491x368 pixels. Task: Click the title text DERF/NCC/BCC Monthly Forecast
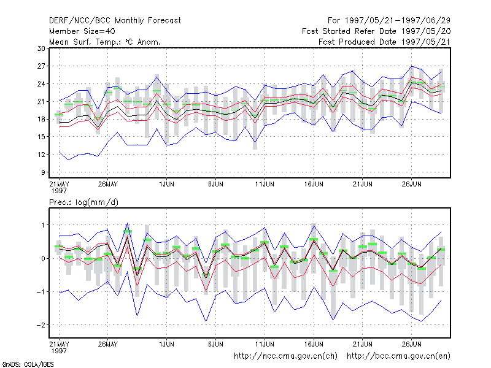pyautogui.click(x=115, y=21)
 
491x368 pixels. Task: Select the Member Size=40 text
pyautogui.click(x=82, y=31)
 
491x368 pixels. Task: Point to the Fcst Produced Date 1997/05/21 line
pyautogui.click(x=384, y=42)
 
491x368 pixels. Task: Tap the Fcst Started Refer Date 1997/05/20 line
pyautogui.click(x=376, y=31)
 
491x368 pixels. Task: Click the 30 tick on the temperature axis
pyautogui.click(x=41, y=48)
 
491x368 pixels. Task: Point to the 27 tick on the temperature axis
pyautogui.click(x=41, y=66)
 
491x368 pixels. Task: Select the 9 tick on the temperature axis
pyautogui.click(x=43, y=172)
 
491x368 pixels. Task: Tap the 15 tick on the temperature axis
pyautogui.click(x=41, y=137)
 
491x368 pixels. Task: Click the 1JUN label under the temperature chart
pyautogui.click(x=166, y=184)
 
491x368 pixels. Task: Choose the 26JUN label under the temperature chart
pyautogui.click(x=411, y=184)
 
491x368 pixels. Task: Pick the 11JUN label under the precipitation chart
pyautogui.click(x=265, y=344)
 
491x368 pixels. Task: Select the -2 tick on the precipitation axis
pyautogui.click(x=41, y=325)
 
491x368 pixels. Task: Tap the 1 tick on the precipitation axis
pyautogui.click(x=44, y=225)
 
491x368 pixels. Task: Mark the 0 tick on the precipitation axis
pyautogui.click(x=43, y=258)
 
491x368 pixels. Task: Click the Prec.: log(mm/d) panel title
pyautogui.click(x=83, y=202)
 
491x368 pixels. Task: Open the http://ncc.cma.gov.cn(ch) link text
pyautogui.click(x=285, y=356)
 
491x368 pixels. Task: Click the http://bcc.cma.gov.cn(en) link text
pyautogui.click(x=398, y=356)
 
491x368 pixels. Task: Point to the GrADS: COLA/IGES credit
pyautogui.click(x=28, y=364)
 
